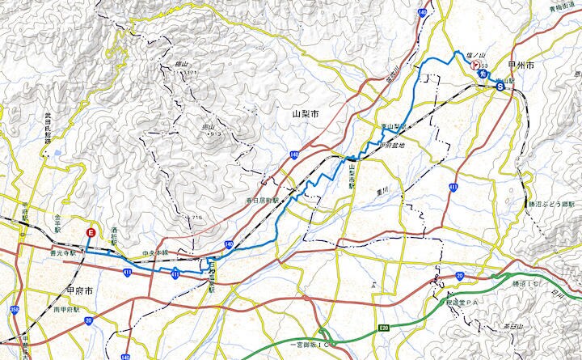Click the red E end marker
click(91, 233)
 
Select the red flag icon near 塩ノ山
click(477, 65)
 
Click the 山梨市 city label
click(306, 117)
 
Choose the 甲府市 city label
click(80, 290)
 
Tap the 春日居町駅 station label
click(264, 200)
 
